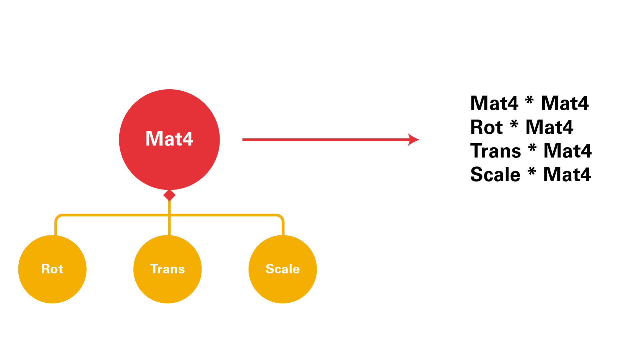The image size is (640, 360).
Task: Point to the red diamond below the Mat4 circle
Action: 169,195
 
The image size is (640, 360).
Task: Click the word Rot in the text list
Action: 486,127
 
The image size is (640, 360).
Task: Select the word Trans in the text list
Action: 495,151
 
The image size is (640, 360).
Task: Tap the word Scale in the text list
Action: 495,175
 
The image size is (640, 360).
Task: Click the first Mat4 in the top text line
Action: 494,103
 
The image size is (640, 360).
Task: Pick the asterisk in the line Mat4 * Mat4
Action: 529,101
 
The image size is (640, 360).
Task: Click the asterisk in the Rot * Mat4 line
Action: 514,125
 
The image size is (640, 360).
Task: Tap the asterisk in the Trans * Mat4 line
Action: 532,148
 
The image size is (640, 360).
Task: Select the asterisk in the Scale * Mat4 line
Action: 532,172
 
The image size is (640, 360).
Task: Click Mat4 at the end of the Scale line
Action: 567,175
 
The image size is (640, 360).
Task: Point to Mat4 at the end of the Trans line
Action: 567,151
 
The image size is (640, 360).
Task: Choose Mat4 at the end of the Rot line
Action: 549,127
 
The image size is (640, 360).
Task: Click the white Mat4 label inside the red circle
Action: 169,139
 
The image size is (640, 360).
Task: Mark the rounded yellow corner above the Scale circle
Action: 281,217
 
